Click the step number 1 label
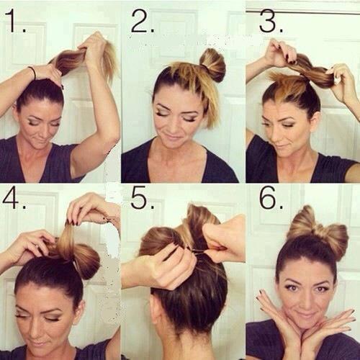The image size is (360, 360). coord(15,21)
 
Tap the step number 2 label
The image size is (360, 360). coord(143,21)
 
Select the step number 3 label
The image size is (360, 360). coord(271,21)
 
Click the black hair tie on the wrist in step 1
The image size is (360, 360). coord(33,73)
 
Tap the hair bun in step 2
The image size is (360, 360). coord(212,64)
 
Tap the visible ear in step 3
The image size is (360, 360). coord(315,109)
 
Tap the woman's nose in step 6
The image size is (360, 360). coord(305,300)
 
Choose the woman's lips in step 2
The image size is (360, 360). coord(174,138)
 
